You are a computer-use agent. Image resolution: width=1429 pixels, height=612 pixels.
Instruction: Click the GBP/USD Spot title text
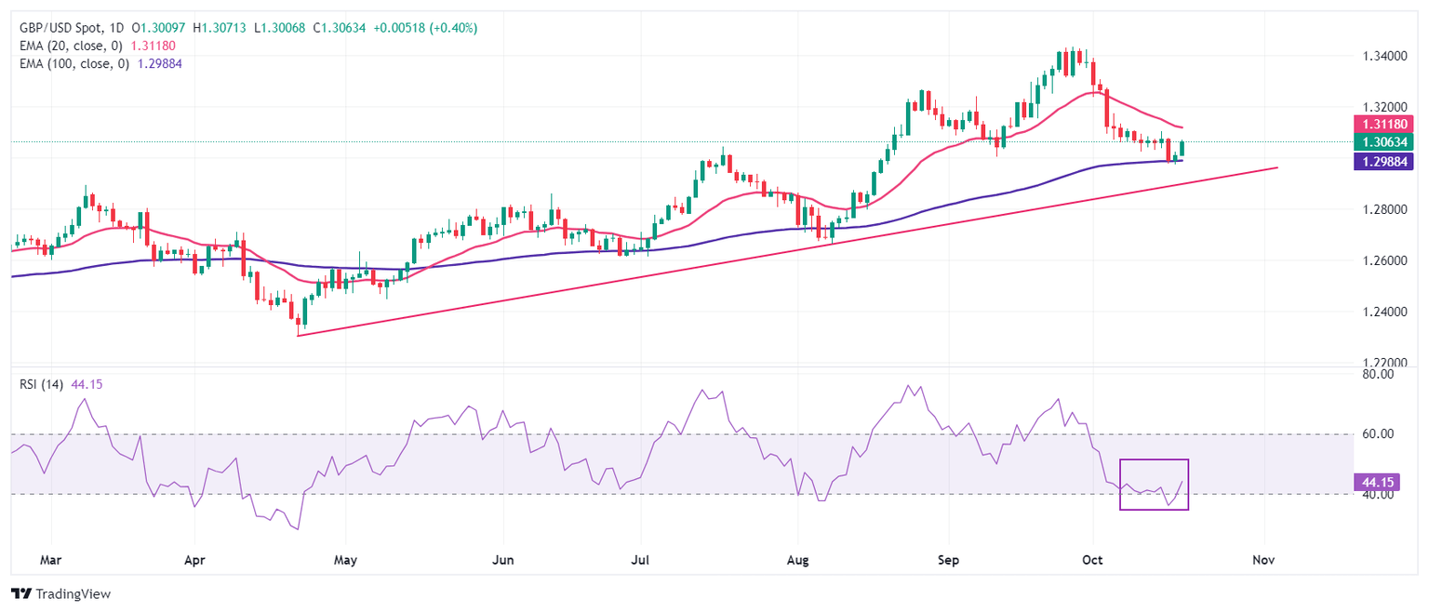pos(68,28)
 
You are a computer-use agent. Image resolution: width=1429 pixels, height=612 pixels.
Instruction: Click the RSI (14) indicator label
pos(41,385)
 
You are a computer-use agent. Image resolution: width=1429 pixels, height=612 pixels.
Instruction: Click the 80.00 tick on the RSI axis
pos(1375,374)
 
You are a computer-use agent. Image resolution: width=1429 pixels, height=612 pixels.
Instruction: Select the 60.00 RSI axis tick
pos(1375,434)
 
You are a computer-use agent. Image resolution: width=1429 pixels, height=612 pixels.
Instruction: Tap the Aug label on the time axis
pos(796,561)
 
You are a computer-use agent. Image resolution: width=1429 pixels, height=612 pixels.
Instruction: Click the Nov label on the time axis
pos(1263,561)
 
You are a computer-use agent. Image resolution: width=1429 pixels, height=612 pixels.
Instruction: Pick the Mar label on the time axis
pos(52,561)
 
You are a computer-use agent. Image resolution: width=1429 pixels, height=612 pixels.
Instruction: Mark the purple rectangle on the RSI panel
pos(1154,485)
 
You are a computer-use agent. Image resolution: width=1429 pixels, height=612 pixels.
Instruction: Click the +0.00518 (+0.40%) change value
pos(425,28)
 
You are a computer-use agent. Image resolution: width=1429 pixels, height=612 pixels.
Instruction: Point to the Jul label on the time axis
pos(639,561)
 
